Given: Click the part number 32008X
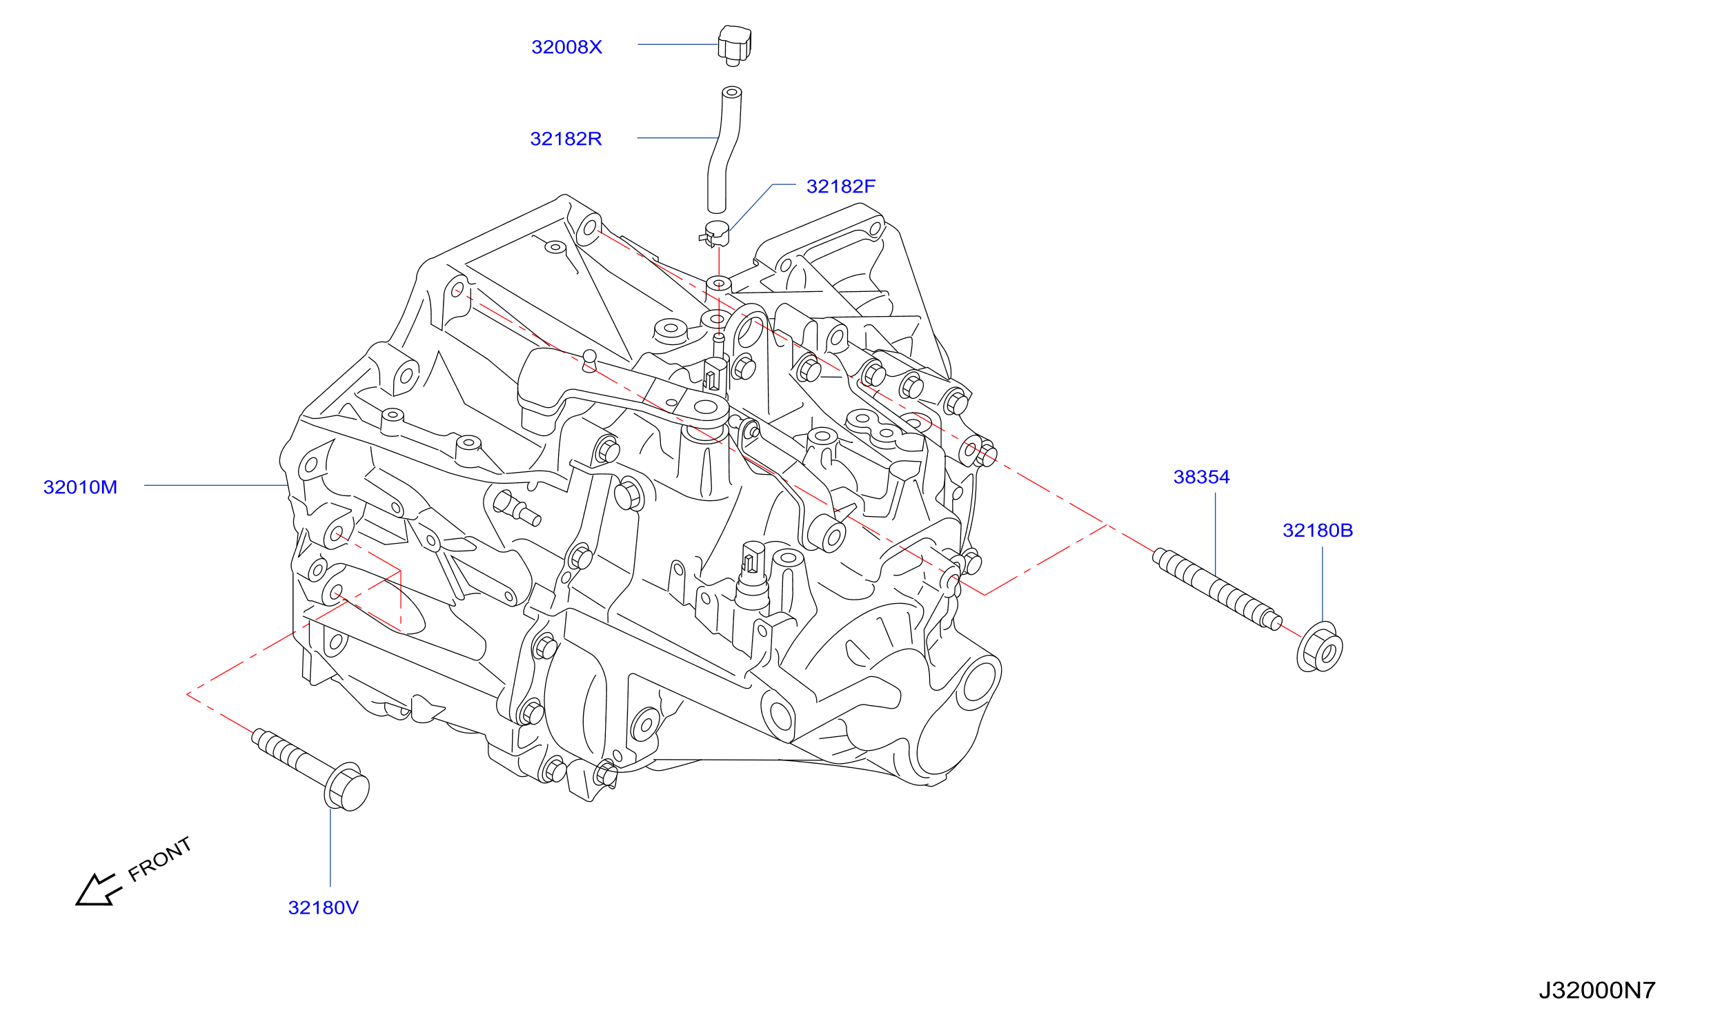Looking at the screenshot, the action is (x=566, y=47).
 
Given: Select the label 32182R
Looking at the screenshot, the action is (x=566, y=139).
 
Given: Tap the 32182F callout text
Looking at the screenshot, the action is (x=840, y=186).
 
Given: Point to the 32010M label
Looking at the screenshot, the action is (x=80, y=487).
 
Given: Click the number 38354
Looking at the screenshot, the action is (x=1201, y=477).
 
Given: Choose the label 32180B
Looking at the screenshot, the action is (x=1317, y=530).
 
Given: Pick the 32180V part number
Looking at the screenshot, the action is (x=323, y=907).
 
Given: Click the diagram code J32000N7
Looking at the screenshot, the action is (x=1596, y=990).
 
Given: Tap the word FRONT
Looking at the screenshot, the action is (x=159, y=859).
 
